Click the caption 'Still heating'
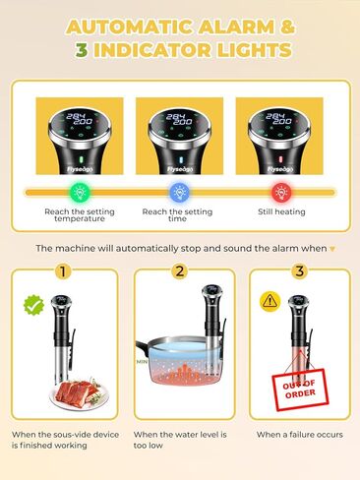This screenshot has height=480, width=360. (x=278, y=210)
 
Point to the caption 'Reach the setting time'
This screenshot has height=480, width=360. (x=179, y=216)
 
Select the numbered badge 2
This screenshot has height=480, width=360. (x=179, y=271)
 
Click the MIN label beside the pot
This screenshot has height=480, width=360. (x=142, y=362)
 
